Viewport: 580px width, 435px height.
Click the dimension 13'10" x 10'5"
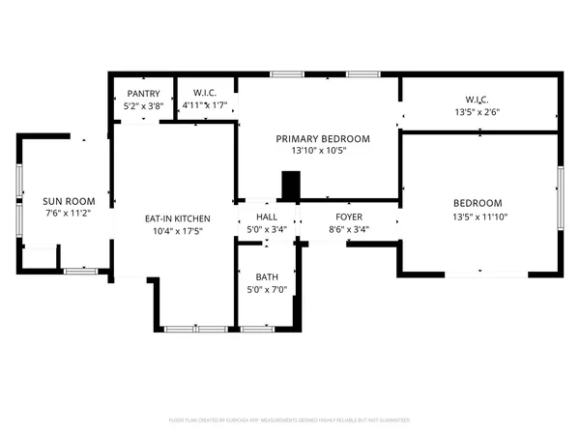tap(318, 151)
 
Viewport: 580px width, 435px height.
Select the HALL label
tap(267, 217)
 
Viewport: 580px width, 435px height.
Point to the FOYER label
tap(349, 217)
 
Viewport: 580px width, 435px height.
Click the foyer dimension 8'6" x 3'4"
tap(349, 230)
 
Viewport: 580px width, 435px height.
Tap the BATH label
tap(267, 276)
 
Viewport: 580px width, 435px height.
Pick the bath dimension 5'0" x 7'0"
tap(267, 290)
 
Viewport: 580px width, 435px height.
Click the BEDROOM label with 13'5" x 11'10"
tap(478, 203)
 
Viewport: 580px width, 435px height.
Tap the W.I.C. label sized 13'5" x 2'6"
tap(477, 99)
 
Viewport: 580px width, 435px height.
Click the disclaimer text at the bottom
tap(290, 420)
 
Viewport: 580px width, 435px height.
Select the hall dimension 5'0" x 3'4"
tap(267, 230)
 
